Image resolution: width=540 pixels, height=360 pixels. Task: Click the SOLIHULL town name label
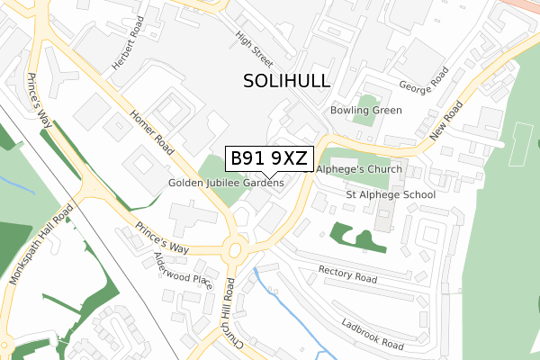click(287, 81)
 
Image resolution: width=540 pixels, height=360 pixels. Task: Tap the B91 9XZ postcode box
click(268, 158)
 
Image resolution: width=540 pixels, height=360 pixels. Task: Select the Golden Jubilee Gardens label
click(226, 183)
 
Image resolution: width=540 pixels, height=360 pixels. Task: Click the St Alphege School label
click(391, 194)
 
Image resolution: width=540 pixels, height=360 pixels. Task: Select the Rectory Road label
click(348, 273)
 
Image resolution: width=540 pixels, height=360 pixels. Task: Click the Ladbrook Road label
click(373, 333)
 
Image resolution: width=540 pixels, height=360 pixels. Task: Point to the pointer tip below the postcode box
click(268, 176)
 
